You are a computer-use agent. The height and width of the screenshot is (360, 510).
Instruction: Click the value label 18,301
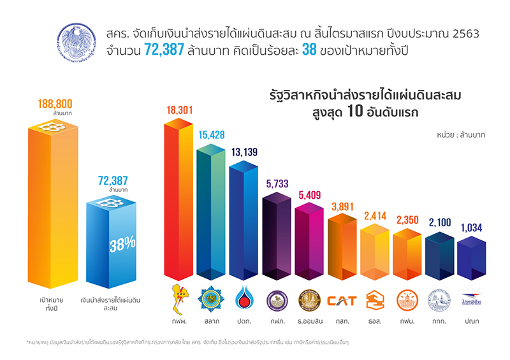click(x=180, y=110)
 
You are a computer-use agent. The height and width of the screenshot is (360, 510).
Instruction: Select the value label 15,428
click(x=210, y=136)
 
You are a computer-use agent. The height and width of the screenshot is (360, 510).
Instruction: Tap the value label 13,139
click(x=244, y=151)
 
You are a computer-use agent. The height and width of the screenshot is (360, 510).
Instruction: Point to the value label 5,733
click(x=277, y=184)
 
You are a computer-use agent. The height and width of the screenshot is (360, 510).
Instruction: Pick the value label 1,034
click(x=471, y=227)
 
